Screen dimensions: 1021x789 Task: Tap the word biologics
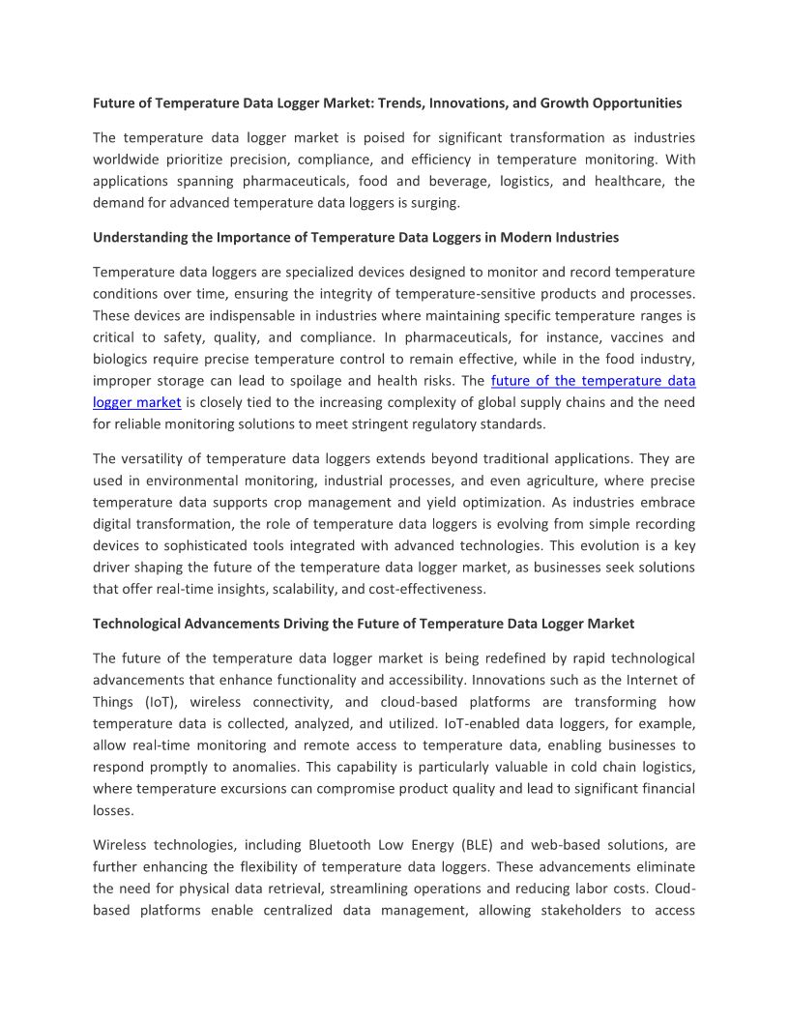tap(121, 358)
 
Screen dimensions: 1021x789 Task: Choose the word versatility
tap(156, 458)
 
